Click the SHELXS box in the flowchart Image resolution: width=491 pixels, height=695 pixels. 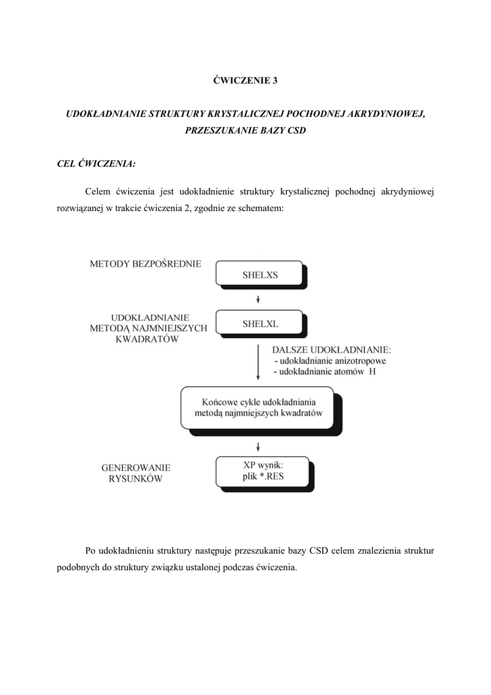[x=260, y=275]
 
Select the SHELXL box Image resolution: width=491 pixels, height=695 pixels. [x=260, y=324]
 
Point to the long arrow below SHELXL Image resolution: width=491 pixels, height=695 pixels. [x=258, y=362]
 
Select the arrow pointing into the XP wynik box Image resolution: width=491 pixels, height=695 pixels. [x=258, y=445]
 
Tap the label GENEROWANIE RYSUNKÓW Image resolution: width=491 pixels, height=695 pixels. [x=136, y=473]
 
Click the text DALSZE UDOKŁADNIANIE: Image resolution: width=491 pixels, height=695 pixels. [x=332, y=350]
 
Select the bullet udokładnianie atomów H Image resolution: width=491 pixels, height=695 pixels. [x=323, y=373]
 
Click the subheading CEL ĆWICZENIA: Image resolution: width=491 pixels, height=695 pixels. [x=96, y=163]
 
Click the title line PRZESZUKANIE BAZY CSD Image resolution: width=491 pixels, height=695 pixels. [x=245, y=130]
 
